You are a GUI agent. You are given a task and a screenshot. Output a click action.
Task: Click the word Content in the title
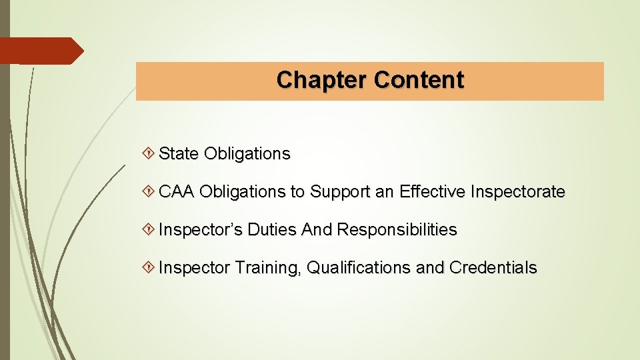tap(419, 80)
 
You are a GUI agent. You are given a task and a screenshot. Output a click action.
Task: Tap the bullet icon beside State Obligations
tap(150, 154)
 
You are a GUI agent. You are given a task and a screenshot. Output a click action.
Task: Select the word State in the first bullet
tap(179, 154)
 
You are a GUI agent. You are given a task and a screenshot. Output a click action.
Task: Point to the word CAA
tap(177, 192)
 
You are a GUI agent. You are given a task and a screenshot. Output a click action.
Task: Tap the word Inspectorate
tap(518, 192)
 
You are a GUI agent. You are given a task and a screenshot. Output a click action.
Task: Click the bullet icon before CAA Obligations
tap(150, 192)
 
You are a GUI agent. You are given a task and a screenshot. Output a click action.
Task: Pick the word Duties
tap(272, 230)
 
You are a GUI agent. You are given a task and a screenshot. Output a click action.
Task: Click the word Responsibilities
tap(397, 230)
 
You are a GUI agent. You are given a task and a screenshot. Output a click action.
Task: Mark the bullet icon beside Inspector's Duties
tap(150, 230)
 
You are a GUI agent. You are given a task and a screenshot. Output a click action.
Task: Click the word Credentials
tap(493, 268)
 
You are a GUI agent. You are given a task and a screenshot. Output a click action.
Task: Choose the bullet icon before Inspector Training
tap(150, 268)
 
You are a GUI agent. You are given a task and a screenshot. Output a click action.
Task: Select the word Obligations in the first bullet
tap(247, 154)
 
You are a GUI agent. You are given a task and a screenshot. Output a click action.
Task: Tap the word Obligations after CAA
tap(242, 192)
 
